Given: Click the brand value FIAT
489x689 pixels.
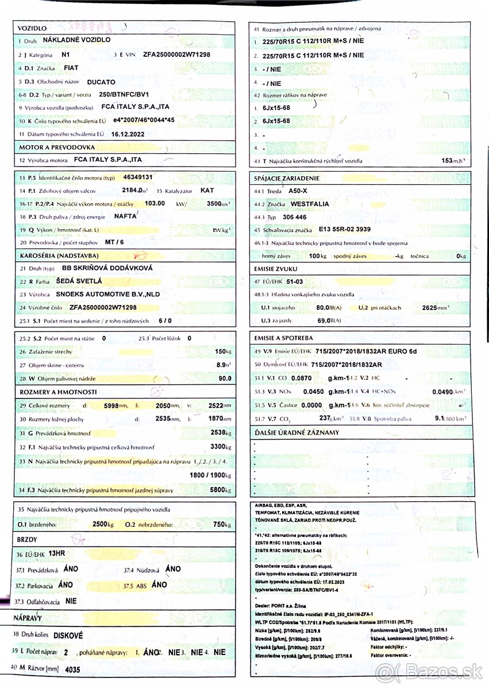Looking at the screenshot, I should click(x=71, y=68).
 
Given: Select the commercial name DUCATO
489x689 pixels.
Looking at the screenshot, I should click(x=101, y=82).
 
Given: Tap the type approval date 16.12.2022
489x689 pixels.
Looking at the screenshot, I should click(x=128, y=134).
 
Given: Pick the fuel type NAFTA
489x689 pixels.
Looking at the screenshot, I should click(x=125, y=216).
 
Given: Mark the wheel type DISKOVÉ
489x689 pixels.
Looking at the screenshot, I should click(x=68, y=636).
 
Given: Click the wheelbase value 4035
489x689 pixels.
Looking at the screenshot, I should click(x=73, y=669).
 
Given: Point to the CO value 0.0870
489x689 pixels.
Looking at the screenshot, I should click(x=302, y=378).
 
